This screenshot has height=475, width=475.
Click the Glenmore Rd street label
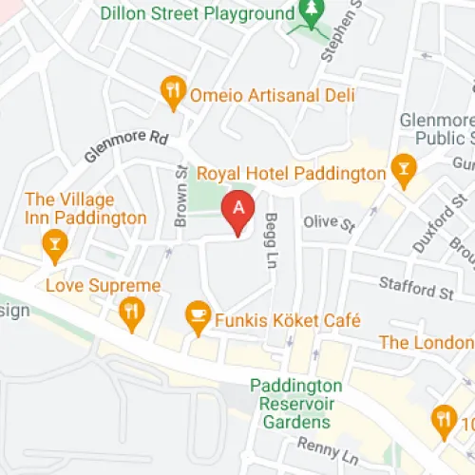(125, 146)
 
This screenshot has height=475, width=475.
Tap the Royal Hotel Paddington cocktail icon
(403, 172)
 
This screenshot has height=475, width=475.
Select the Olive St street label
(328, 223)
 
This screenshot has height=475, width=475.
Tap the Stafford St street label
(416, 287)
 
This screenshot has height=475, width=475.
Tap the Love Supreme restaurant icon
(131, 311)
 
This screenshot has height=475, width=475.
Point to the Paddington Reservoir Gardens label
(296, 403)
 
